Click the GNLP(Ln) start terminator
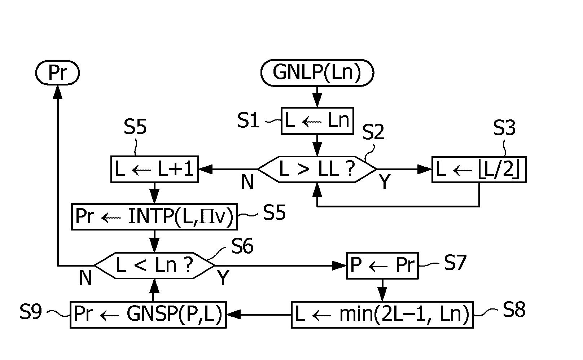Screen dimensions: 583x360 click(317, 73)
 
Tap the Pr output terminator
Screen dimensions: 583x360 click(57, 73)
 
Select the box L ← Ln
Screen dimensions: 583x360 click(317, 121)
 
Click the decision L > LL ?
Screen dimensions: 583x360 click(317, 169)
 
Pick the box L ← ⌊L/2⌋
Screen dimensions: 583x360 click(479, 170)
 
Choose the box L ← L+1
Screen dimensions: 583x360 click(155, 169)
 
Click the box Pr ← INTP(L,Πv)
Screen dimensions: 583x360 click(155, 216)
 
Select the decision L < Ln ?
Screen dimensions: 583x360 click(154, 265)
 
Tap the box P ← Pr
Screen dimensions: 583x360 click(382, 265)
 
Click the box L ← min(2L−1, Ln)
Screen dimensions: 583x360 click(382, 315)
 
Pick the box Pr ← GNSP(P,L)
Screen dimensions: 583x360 click(148, 315)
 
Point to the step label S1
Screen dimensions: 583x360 click(248, 120)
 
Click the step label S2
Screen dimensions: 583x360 click(373, 132)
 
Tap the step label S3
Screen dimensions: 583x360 click(504, 128)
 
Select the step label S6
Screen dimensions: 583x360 click(242, 246)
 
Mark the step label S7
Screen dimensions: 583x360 click(455, 263)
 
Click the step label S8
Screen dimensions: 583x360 click(514, 309)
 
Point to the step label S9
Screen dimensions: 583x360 click(31, 312)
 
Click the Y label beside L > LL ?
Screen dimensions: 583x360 click(385, 181)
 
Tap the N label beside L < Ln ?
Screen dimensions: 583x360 click(86, 278)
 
